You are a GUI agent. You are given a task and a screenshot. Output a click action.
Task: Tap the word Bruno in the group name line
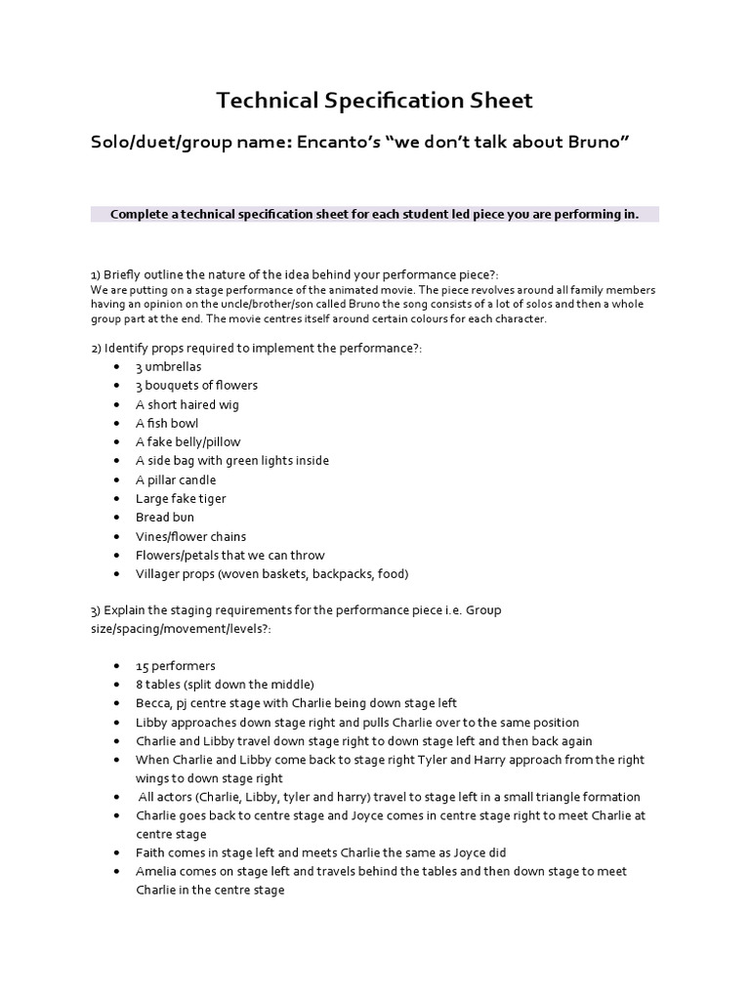point(590,143)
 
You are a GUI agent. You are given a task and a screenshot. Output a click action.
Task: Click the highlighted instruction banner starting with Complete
point(374,214)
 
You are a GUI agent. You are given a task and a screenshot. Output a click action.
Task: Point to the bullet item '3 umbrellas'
point(169,366)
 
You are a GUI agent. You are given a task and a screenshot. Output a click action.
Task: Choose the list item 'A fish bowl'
point(167,423)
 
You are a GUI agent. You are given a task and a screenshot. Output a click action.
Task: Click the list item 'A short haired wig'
point(187,404)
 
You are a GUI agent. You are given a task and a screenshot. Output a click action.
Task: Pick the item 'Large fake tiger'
point(181,498)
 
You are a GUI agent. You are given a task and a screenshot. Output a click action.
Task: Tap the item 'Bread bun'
point(165,517)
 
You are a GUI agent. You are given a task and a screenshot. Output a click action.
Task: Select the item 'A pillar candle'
point(176,479)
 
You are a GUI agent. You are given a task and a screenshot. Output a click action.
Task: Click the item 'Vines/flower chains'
point(190,536)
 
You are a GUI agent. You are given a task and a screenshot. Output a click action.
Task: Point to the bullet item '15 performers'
point(176,665)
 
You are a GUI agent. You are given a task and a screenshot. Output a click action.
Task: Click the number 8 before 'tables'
point(141,684)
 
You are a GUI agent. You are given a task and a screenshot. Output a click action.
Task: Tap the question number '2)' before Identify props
point(96,348)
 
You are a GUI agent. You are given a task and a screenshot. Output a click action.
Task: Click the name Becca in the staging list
point(153,703)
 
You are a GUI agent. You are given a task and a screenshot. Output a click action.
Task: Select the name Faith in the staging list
point(151,853)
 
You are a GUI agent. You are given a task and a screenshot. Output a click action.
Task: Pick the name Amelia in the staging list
point(157,871)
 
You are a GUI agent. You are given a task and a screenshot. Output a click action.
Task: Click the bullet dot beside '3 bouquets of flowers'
point(117,386)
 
